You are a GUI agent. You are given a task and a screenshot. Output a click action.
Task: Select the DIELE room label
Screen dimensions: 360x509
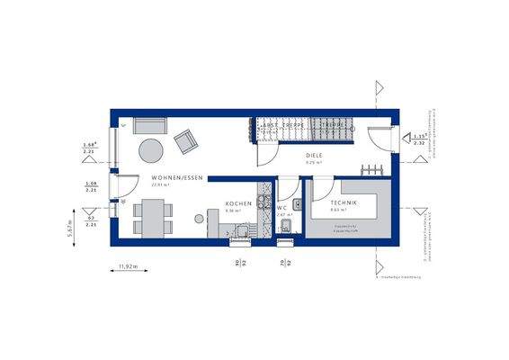click(x=314, y=154)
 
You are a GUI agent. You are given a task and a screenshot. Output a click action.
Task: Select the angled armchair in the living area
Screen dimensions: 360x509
click(x=186, y=141)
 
